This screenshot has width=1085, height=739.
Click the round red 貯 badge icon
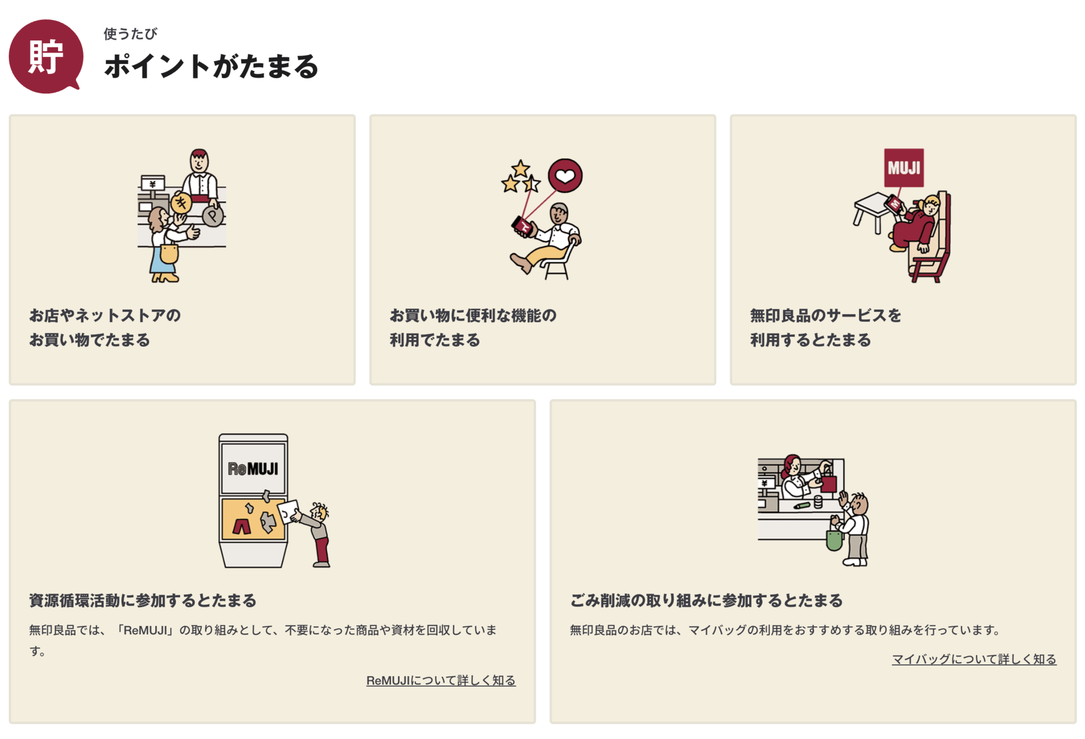click(x=46, y=56)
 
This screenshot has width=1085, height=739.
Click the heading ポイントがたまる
click(x=211, y=66)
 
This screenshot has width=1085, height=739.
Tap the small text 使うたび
click(x=131, y=34)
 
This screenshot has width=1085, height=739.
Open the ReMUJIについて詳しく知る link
click(x=441, y=680)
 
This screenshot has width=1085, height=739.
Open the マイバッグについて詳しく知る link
click(x=974, y=659)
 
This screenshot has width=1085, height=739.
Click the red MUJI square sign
click(x=904, y=168)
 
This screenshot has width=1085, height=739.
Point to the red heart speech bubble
click(x=565, y=176)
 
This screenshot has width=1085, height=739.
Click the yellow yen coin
click(x=181, y=203)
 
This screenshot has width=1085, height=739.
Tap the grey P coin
click(x=213, y=216)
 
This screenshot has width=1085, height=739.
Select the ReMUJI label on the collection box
click(x=253, y=469)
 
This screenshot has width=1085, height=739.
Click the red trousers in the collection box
click(x=241, y=526)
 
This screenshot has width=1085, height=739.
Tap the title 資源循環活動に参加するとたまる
click(x=143, y=600)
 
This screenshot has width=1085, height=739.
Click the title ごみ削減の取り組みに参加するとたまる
click(x=706, y=600)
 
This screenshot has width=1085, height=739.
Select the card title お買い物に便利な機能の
click(x=473, y=315)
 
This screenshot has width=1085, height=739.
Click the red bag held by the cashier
click(x=828, y=483)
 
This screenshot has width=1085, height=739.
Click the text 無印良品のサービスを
click(x=825, y=315)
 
